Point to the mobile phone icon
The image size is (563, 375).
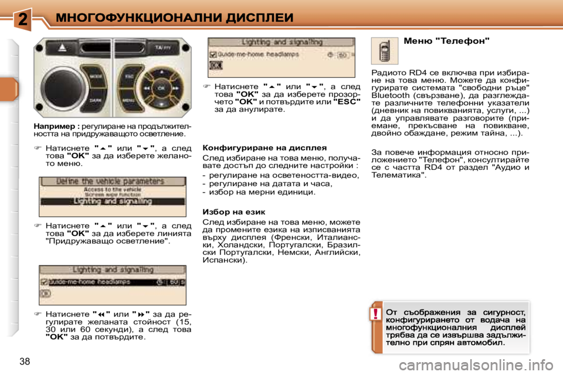384,51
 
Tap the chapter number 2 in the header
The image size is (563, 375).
22,19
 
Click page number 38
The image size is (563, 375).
25,361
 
